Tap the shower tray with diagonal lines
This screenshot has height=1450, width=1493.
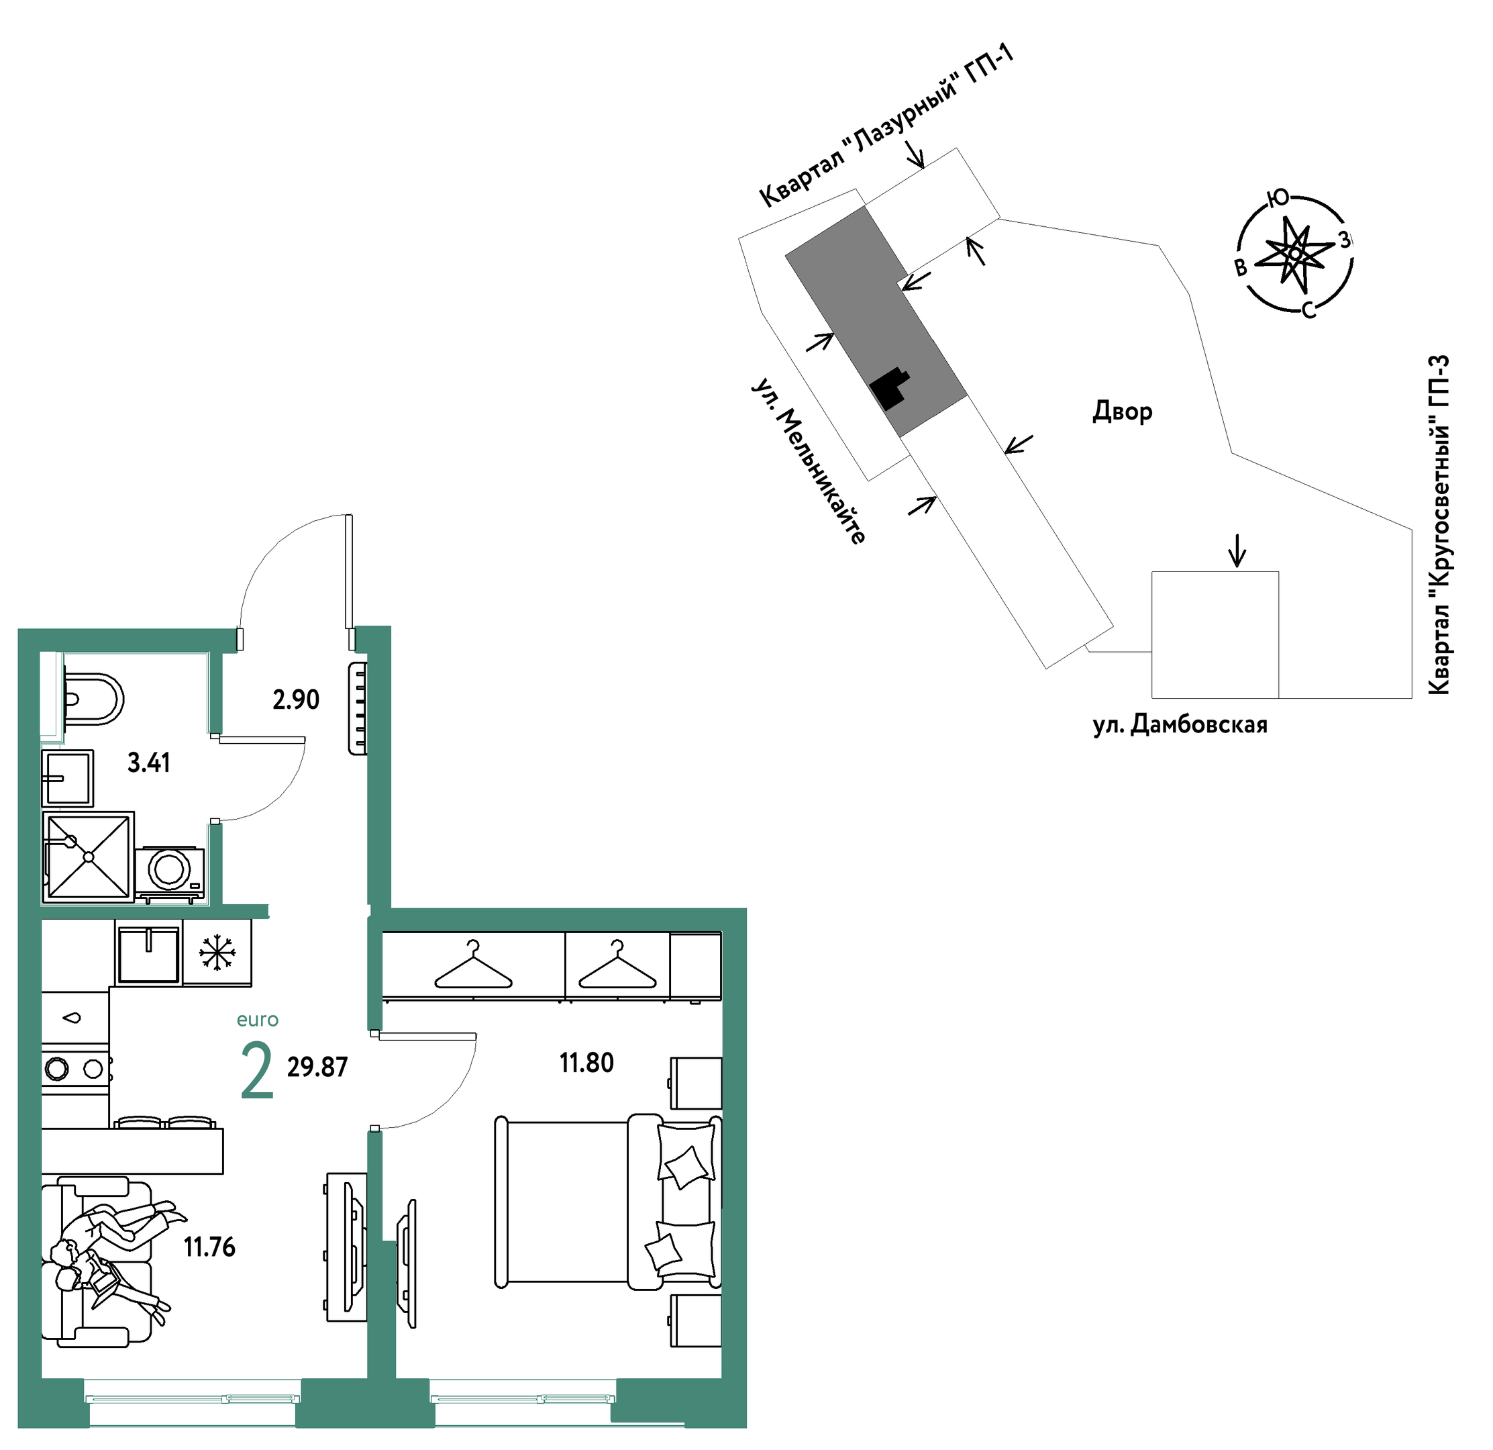[89, 857]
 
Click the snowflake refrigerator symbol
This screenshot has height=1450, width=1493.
[217, 954]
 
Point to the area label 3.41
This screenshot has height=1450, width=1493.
[148, 763]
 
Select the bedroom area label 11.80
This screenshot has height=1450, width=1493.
[586, 1063]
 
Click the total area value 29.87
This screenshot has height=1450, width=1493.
[317, 1067]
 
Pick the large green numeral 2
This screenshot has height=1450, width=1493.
[257, 1071]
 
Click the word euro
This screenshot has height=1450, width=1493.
[258, 1020]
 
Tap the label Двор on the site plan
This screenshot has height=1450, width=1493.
[1122, 412]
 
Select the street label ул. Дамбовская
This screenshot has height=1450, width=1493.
[1180, 724]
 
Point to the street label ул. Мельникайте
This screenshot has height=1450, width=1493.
[809, 461]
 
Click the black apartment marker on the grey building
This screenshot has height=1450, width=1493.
[890, 389]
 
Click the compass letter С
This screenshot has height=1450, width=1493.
[1308, 310]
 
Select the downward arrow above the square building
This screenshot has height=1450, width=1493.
[1237, 550]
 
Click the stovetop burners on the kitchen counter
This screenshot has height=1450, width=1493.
[74, 1068]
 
